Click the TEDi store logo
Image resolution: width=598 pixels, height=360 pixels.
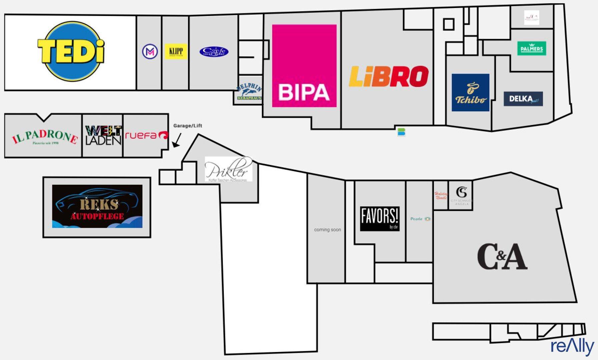tap(70, 52)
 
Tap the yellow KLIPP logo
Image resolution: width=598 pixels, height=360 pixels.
tap(176, 52)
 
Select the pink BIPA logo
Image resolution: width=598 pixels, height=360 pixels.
tap(304, 66)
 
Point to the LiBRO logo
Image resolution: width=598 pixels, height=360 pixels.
tap(389, 77)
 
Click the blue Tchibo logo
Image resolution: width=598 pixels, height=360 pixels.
tap(470, 93)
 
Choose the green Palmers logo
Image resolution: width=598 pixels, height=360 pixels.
tap(532, 48)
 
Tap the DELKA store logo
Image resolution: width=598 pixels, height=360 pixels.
tap(523, 99)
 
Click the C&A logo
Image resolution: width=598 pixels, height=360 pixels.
tap(502, 257)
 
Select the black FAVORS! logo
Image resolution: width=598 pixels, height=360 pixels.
tap(380, 219)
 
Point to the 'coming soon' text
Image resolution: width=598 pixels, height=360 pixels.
tap(328, 230)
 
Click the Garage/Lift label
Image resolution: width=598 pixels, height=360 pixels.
tap(187, 126)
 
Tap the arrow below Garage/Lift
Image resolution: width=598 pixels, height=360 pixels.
tap(177, 140)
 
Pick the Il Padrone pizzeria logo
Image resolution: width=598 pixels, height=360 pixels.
tap(45, 137)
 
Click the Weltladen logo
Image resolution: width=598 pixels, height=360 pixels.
tap(103, 135)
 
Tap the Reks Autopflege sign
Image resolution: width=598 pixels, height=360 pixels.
tap(97, 206)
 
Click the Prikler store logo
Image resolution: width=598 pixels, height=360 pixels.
tap(228, 169)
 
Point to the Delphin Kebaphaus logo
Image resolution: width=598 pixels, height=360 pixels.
tap(249, 92)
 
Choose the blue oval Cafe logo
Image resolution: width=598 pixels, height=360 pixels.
tap(214, 52)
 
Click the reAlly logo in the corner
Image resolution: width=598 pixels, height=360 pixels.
tap(572, 346)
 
